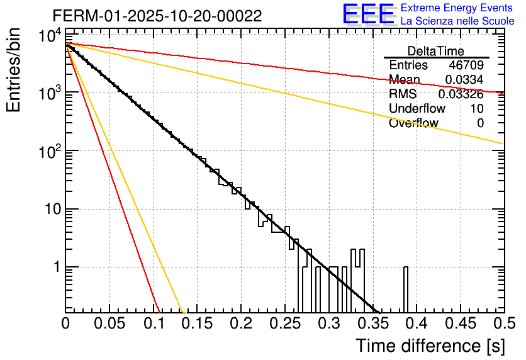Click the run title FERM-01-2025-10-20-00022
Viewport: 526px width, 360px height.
157,15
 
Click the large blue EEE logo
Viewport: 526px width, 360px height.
367,14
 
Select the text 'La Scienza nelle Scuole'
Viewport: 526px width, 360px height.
457,21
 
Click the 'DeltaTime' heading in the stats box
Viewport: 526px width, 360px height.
436,51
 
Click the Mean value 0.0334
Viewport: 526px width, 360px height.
464,80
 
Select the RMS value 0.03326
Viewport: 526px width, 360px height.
461,94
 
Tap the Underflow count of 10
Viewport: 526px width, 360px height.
476,109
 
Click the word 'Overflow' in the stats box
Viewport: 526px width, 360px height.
413,123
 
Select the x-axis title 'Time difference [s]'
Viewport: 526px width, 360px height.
430,346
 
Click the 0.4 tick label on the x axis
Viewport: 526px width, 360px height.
416,325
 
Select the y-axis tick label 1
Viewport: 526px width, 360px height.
54,267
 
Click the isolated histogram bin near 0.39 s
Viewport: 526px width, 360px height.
406,290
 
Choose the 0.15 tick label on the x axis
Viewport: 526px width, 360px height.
197,325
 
